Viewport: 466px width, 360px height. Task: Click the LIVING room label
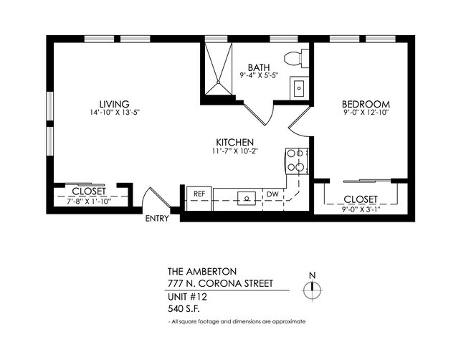click(x=115, y=103)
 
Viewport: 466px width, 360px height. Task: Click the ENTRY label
click(x=157, y=219)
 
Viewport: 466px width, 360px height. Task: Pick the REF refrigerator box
click(x=199, y=194)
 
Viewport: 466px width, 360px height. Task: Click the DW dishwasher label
click(x=272, y=194)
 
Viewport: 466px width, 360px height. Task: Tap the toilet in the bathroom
click(x=294, y=58)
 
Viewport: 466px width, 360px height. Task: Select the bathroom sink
click(x=299, y=89)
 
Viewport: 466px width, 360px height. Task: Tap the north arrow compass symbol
click(x=311, y=290)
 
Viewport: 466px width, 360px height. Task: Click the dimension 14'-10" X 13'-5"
click(x=115, y=113)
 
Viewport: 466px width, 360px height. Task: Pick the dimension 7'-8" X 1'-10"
click(x=90, y=202)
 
